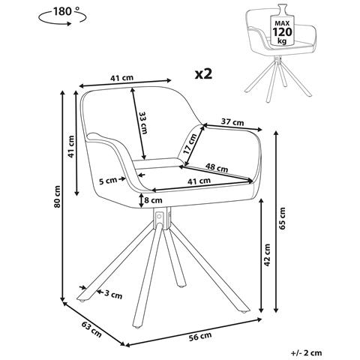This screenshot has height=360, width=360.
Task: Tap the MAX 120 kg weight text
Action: [282, 32]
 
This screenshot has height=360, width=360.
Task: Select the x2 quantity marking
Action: [203, 74]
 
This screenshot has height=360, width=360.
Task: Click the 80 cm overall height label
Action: [58, 196]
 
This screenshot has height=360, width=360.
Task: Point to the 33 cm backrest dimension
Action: [143, 122]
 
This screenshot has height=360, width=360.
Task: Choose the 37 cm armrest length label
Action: [232, 122]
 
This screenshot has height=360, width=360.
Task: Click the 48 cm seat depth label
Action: [217, 167]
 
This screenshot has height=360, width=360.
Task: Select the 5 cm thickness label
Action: [108, 181]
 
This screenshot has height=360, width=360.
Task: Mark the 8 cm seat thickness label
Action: [153, 200]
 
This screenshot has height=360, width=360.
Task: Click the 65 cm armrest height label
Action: [282, 218]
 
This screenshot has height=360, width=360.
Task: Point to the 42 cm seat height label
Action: [267, 255]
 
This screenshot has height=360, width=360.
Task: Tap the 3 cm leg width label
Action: [113, 295]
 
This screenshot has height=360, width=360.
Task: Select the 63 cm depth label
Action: [91, 328]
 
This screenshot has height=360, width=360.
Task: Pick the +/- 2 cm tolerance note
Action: [307, 352]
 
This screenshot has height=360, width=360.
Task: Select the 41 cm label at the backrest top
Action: [121, 78]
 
